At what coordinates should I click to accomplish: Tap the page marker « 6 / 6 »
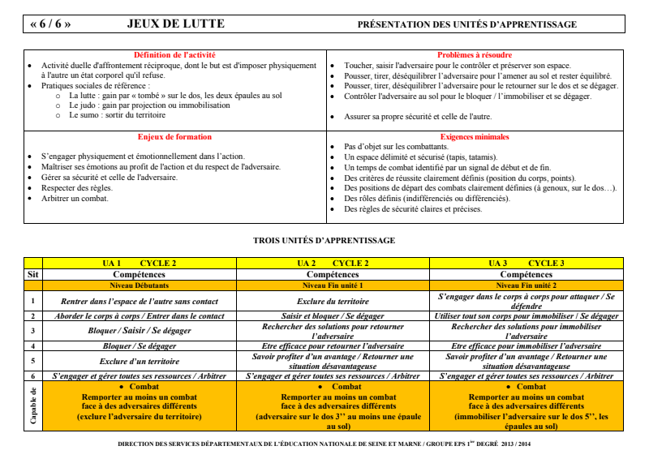[x=50, y=24]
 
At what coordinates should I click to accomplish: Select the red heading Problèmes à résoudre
[x=475, y=54]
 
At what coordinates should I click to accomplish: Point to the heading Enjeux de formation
[x=174, y=137]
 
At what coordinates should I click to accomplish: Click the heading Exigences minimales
[x=475, y=137]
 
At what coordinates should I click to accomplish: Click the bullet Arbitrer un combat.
[x=75, y=198]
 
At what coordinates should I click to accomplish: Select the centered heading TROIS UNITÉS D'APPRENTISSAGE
[x=324, y=240]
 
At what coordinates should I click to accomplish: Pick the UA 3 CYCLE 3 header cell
[x=527, y=264]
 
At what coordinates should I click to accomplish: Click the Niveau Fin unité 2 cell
[x=527, y=285]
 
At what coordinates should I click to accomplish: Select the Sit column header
[x=33, y=274]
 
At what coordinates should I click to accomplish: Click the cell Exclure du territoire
[x=333, y=302]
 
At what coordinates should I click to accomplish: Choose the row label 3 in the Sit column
[x=33, y=331]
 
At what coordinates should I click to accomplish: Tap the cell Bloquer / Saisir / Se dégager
[x=140, y=331]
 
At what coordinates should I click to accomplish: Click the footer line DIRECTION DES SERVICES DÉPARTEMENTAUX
[x=324, y=444]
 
